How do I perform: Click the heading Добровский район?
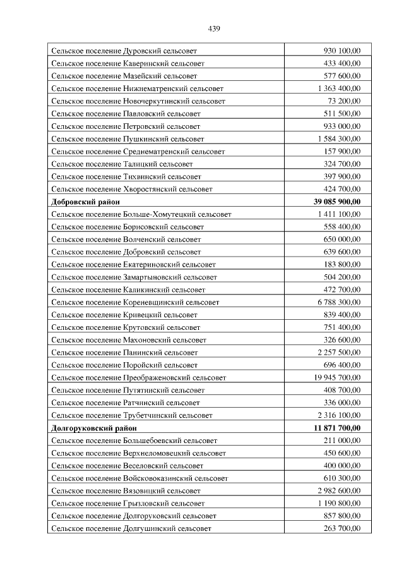pos(85,202)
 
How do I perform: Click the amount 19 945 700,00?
pos(335,377)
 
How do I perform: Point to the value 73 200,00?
pos(344,101)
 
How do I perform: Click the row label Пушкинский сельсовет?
pos(128,138)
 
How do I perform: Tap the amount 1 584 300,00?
pos(338,138)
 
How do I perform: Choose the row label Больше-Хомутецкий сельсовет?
pos(141,214)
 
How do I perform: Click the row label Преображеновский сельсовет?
pos(139,377)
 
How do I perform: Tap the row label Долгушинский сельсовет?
pos(131,528)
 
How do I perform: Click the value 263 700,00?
pos(342,528)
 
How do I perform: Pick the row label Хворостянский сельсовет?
pos(132,189)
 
